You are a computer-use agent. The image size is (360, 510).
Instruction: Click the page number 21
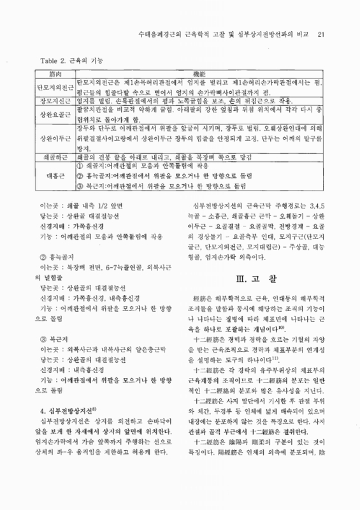point(321,34)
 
